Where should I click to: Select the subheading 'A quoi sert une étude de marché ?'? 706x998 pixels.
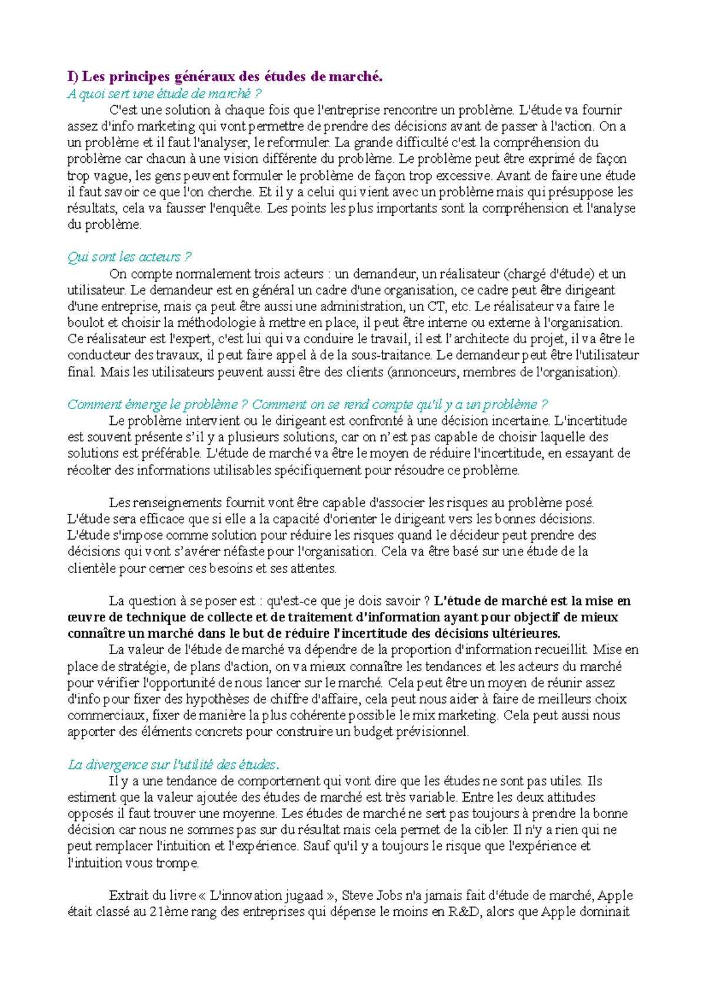(x=164, y=93)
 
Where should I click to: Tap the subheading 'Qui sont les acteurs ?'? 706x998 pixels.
(x=129, y=257)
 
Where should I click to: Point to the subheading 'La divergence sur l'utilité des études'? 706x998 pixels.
(x=172, y=765)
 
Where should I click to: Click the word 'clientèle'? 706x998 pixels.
(x=91, y=568)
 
